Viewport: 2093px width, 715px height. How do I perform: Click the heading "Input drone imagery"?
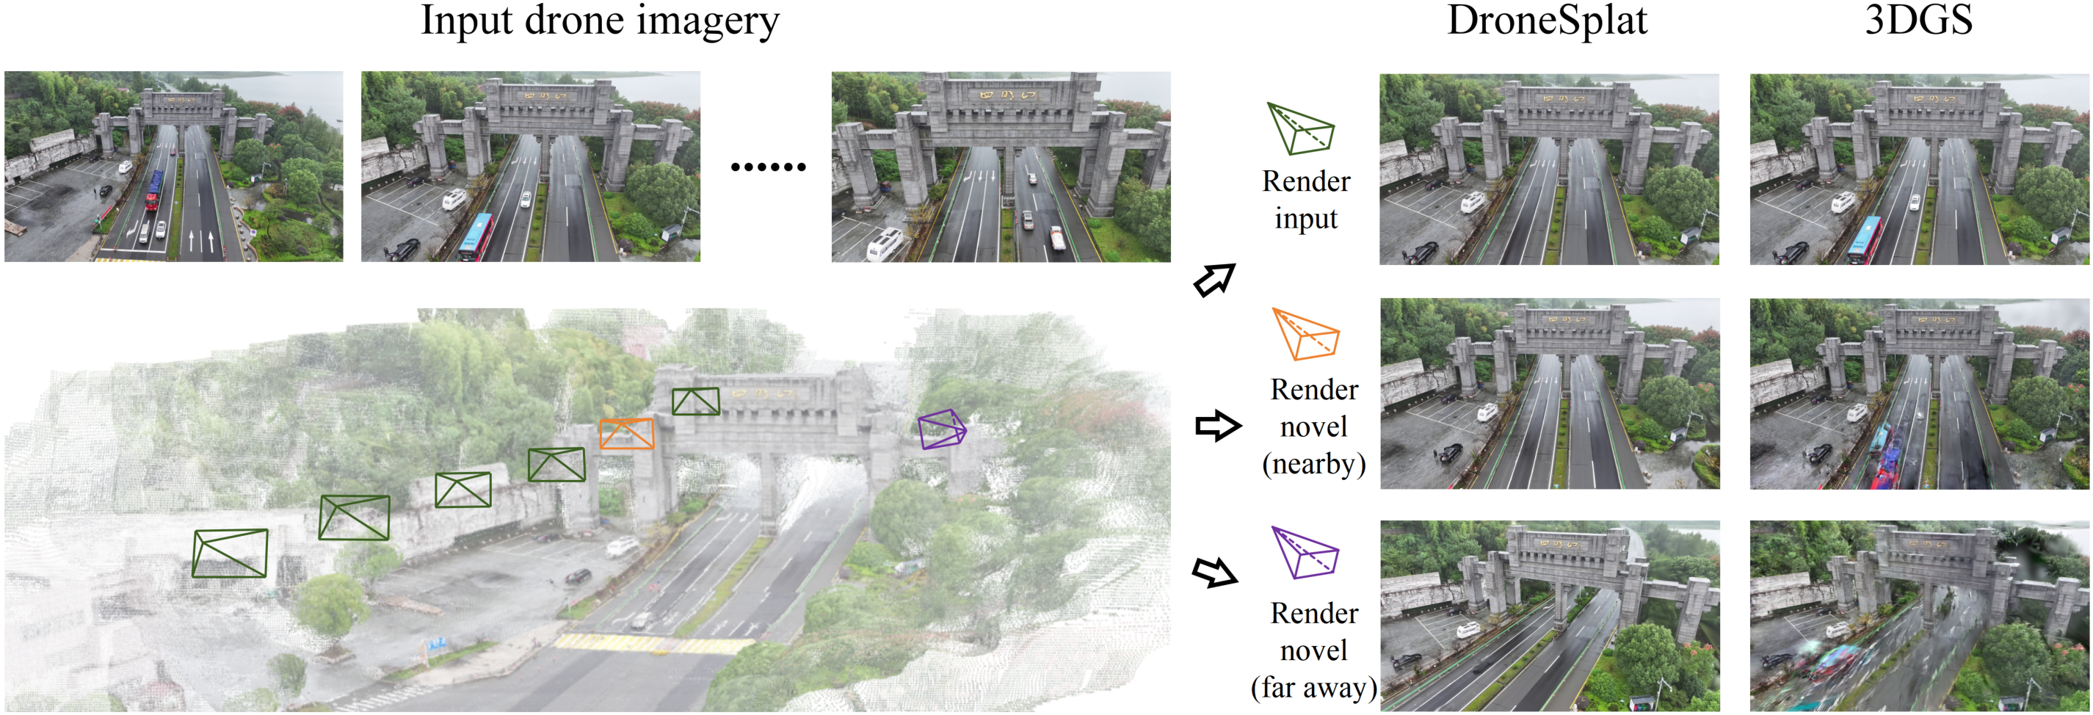(600, 21)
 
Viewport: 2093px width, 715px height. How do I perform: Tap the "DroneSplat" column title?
(1547, 21)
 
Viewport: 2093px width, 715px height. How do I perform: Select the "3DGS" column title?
(1918, 21)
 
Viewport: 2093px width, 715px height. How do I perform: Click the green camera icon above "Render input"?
(1301, 128)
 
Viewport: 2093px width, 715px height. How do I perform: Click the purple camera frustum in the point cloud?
(942, 429)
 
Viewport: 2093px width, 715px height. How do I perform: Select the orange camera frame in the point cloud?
(626, 434)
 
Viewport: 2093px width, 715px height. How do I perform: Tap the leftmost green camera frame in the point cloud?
(230, 554)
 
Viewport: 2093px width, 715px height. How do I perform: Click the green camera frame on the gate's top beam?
(695, 402)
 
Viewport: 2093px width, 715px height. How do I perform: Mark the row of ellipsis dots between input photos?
(768, 167)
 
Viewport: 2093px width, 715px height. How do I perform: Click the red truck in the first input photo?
(153, 191)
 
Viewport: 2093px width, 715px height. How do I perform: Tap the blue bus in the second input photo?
(477, 236)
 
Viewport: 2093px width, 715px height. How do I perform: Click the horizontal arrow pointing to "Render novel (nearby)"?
(1217, 425)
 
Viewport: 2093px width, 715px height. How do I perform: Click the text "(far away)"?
(1313, 687)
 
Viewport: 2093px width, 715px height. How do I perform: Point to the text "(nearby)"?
(1313, 464)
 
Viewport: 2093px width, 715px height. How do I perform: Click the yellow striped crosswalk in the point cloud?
(654, 645)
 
